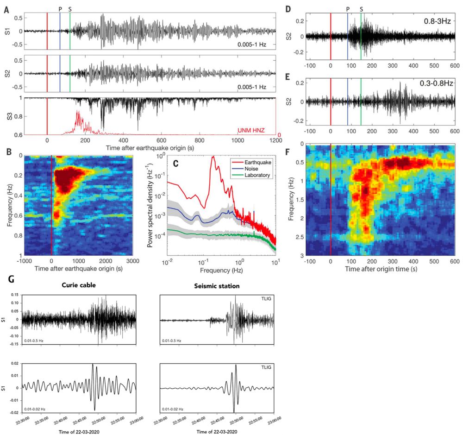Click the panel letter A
(6, 9)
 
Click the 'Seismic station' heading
(217, 286)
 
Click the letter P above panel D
(348, 9)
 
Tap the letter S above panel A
(70, 9)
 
